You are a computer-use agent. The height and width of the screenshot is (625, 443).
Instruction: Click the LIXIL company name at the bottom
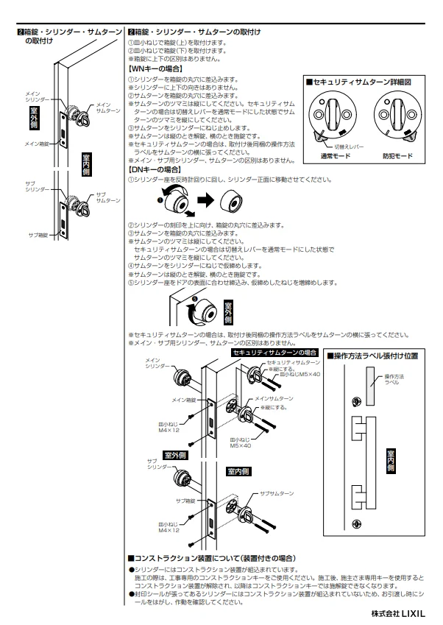click(403, 612)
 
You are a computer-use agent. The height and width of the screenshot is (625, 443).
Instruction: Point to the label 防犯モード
click(397, 156)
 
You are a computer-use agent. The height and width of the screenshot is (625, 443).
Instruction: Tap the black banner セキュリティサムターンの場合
click(275, 353)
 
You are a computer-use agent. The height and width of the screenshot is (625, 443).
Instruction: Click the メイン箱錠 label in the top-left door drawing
click(36, 144)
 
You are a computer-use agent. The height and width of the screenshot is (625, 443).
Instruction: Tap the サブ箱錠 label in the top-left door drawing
click(38, 234)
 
